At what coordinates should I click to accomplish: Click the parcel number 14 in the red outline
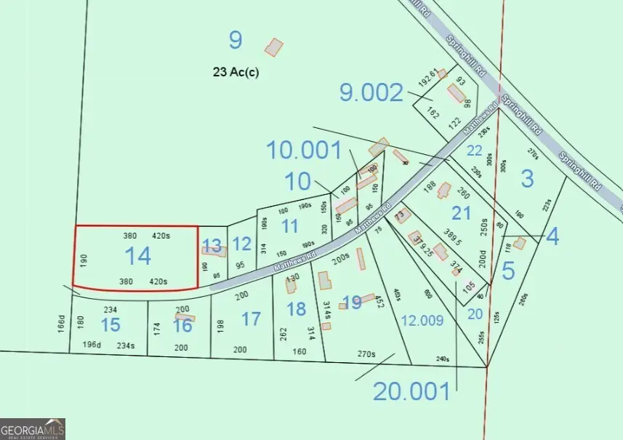137,255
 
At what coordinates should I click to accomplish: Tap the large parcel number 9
235,40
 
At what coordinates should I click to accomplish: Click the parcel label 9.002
371,92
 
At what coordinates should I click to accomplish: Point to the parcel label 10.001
304,151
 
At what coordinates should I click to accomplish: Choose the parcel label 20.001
411,391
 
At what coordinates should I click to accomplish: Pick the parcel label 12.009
422,320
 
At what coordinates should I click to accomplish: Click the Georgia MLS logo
33,429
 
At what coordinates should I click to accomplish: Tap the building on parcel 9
273,47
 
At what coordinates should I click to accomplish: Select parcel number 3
528,179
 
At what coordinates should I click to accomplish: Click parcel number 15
110,325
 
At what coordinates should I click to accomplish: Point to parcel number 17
251,319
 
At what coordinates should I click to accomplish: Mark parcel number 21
462,213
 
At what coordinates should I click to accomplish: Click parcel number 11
289,225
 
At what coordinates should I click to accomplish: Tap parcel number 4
552,237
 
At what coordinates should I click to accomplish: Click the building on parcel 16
185,318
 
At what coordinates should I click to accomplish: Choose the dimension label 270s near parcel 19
366,354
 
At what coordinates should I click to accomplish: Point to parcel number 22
475,151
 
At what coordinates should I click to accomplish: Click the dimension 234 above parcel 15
110,308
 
